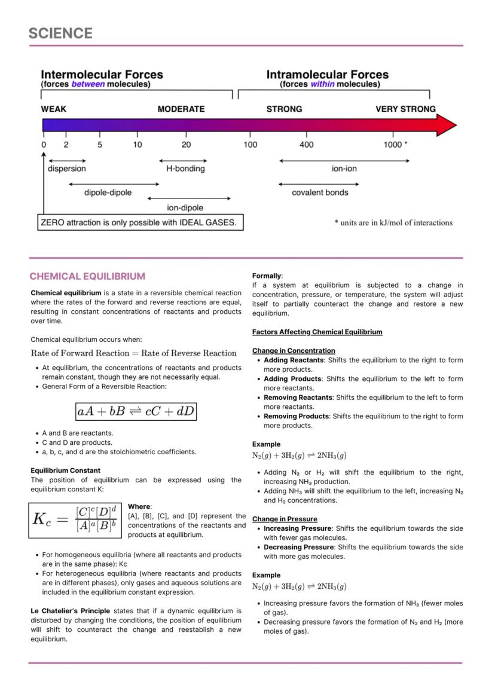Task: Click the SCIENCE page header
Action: (60, 33)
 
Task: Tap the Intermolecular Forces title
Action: (102, 75)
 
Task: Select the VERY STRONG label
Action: (405, 109)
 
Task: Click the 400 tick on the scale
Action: (306, 145)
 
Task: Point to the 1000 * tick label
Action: (395, 145)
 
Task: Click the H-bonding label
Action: (185, 169)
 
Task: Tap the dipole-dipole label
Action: (108, 192)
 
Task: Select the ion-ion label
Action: (344, 169)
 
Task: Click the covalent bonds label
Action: (320, 192)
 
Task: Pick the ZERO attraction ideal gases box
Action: (141, 222)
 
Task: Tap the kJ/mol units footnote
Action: (393, 223)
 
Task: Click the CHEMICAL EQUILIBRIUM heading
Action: (87, 276)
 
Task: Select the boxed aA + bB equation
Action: (136, 411)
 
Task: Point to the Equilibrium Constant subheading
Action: (65, 470)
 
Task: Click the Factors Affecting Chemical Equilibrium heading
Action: (317, 332)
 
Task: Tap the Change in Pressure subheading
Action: (285, 519)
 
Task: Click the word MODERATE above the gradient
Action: (181, 109)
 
